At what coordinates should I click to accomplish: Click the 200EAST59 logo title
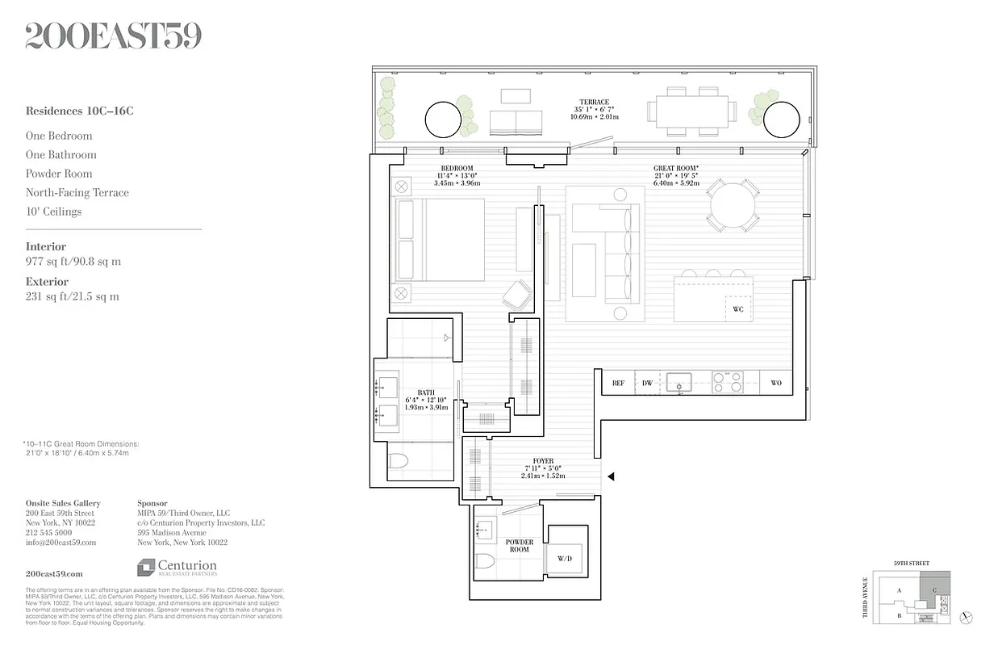pos(114,36)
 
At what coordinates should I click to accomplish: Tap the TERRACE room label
pos(594,103)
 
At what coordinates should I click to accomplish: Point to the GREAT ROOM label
pos(676,169)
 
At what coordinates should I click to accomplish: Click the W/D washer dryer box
pos(565,557)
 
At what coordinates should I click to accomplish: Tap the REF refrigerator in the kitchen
pos(619,384)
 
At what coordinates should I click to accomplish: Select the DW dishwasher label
pos(647,384)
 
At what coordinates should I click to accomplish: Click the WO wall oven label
pos(776,384)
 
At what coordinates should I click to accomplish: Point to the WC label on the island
pos(737,309)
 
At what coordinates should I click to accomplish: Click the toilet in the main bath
pos(398,462)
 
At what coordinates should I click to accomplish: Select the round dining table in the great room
pos(733,205)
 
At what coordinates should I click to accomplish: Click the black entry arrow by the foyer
pos(611,476)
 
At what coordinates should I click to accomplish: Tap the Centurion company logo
pos(177,568)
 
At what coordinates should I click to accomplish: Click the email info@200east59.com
pos(61,543)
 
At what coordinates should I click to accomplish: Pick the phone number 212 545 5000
pos(48,533)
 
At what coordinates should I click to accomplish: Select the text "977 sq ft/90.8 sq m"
pos(73,262)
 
